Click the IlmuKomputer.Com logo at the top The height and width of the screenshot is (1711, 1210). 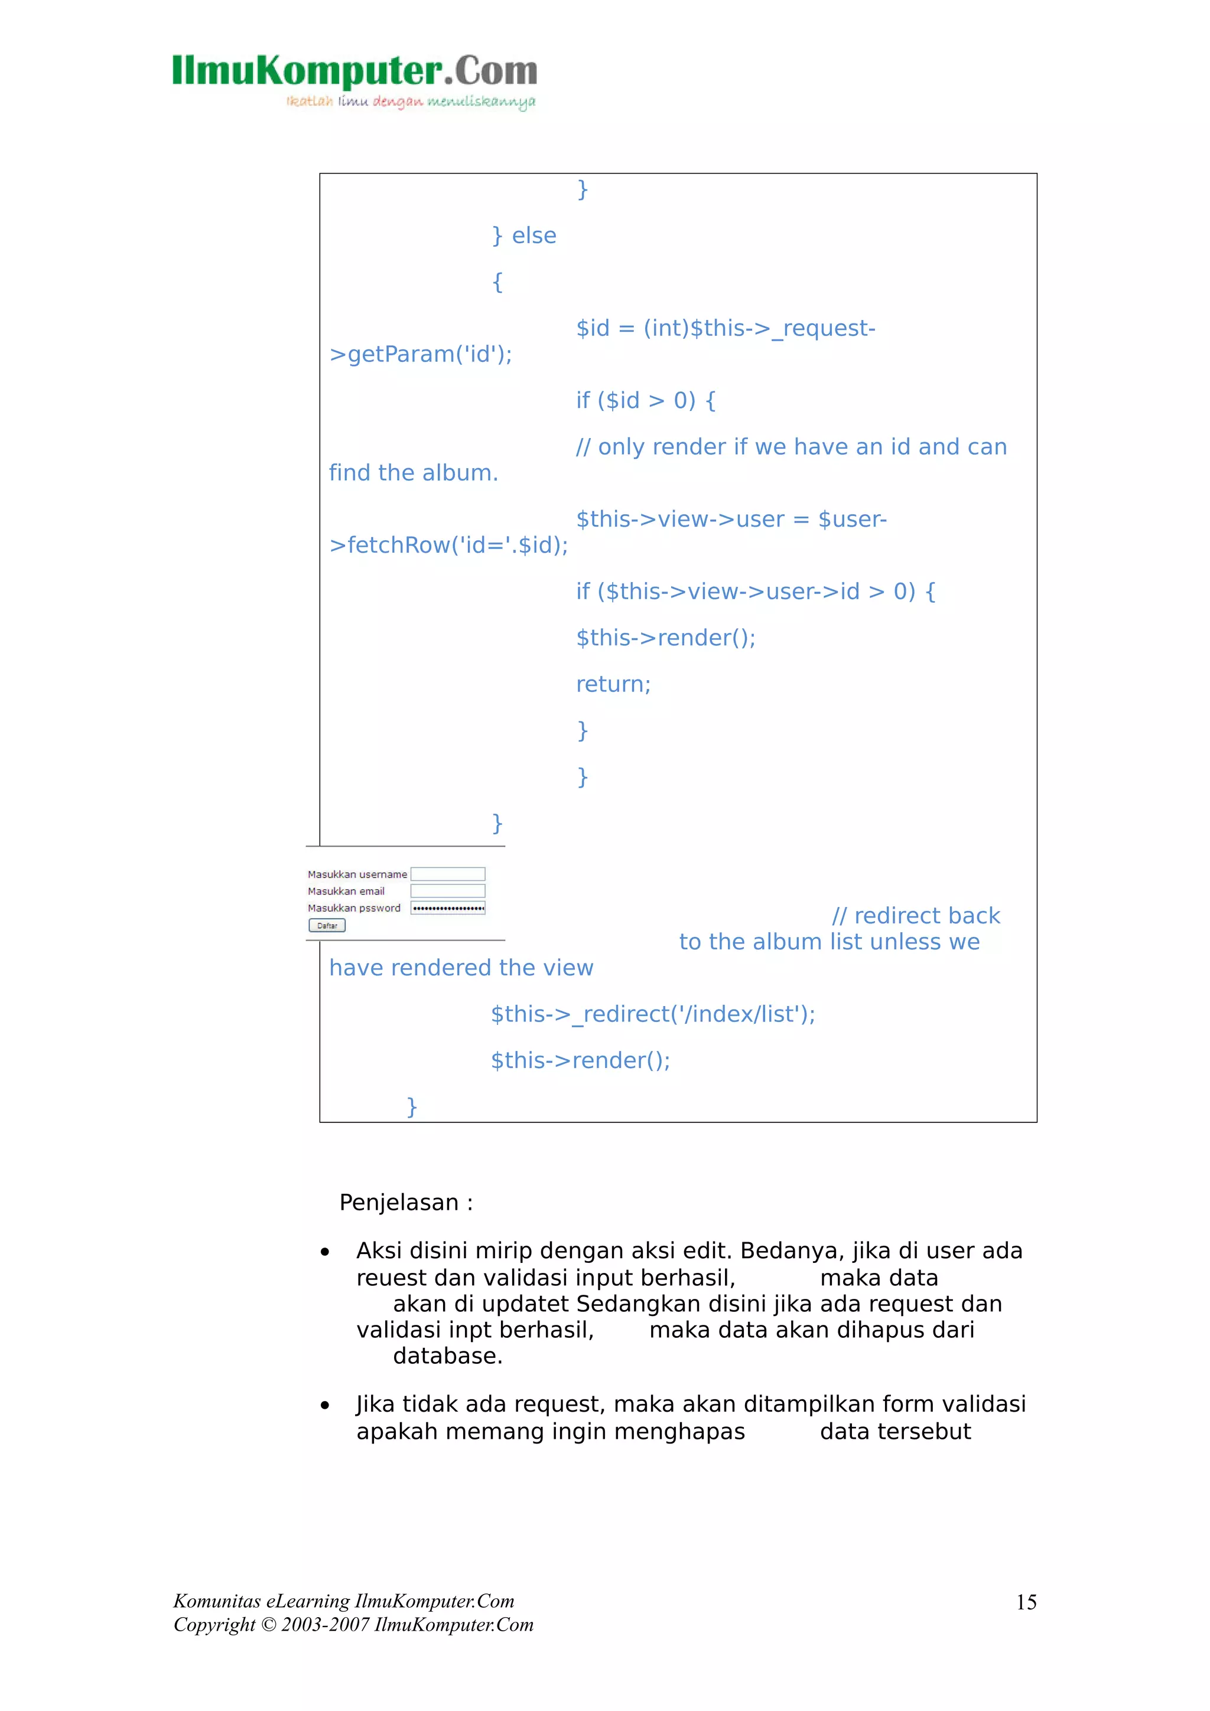point(354,71)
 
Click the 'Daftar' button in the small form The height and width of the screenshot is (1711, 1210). point(327,926)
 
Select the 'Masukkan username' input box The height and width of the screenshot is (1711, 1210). point(447,874)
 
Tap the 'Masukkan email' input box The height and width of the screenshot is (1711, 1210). point(447,892)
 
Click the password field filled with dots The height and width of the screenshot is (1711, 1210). point(447,907)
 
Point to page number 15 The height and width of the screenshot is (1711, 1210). point(1026,1602)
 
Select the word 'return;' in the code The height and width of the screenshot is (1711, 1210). point(613,684)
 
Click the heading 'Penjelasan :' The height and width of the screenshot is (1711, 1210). point(405,1202)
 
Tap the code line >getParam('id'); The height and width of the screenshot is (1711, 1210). point(421,354)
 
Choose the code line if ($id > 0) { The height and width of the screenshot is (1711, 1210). point(645,400)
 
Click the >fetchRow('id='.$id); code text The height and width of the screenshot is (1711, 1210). point(448,545)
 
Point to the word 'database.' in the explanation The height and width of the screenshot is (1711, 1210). point(447,1356)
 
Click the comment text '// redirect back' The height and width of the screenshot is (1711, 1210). point(916,915)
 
